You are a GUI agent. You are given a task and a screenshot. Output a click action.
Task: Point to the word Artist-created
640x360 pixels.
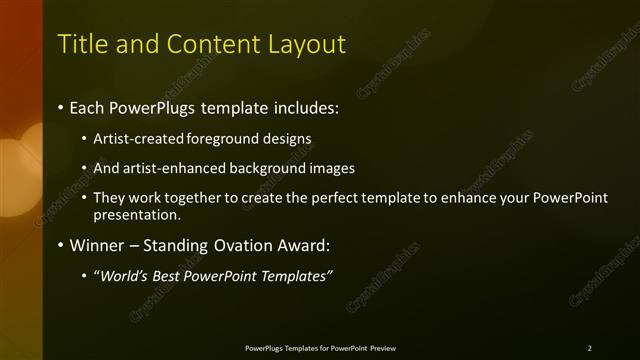pos(132,139)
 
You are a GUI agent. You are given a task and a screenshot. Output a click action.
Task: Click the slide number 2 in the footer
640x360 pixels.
pos(589,348)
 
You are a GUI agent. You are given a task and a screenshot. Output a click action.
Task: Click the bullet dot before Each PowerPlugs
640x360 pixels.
pos(61,107)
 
